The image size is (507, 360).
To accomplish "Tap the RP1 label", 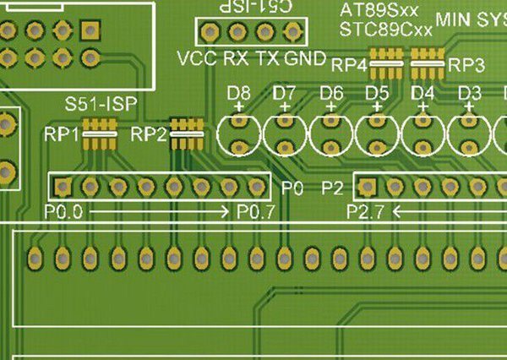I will pos(63,134).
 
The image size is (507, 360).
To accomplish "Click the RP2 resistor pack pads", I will pos(186,132).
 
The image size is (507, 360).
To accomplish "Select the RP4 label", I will pos(349,64).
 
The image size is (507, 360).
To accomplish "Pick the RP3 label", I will pos(466,64).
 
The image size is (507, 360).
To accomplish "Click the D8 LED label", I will pos(239,92).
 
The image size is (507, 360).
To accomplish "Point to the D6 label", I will pos(331,92).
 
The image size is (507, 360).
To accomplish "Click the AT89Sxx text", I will pos(379,12).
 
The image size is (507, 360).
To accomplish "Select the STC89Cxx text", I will pos(385,30).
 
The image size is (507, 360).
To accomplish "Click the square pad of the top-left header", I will pos(89,31).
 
